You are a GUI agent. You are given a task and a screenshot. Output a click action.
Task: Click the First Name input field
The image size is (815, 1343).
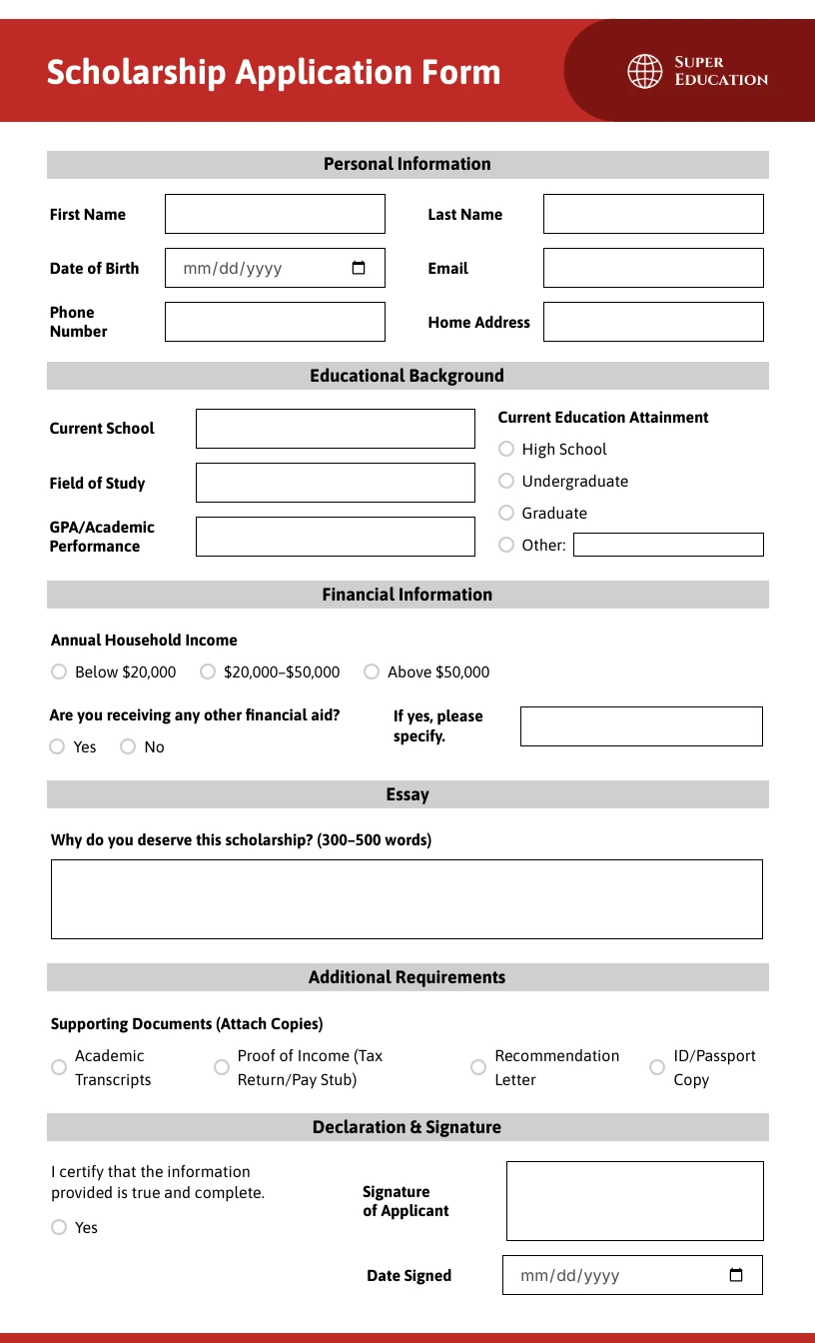(275, 214)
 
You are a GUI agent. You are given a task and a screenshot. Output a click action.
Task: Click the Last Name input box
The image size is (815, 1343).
(653, 214)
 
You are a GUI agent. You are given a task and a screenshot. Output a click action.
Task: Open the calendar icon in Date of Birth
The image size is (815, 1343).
(359, 268)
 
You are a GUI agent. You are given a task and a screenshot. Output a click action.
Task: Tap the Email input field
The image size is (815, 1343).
(653, 268)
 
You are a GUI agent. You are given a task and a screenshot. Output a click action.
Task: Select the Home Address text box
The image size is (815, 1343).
(653, 322)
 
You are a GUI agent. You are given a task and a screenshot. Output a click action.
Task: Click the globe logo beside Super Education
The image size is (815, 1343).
(645, 71)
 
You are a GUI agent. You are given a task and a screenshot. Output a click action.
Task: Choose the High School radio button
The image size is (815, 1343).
(506, 449)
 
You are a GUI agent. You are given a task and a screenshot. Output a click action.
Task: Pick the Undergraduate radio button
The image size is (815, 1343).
(506, 481)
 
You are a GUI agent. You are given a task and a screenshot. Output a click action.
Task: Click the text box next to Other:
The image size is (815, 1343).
(668, 545)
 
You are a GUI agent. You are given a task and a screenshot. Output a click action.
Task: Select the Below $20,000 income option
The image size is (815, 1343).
(59, 671)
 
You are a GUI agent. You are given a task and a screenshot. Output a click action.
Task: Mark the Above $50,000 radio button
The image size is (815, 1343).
(372, 671)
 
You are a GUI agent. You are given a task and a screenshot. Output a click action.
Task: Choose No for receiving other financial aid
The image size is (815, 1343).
(128, 746)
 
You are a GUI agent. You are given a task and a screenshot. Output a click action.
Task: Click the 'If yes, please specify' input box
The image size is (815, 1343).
(641, 726)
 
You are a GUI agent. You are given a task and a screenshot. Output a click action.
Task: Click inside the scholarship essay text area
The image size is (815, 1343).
(407, 899)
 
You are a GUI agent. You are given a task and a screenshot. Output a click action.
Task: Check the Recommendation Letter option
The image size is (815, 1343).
(478, 1067)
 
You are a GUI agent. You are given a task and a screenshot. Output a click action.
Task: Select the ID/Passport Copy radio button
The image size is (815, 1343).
(657, 1067)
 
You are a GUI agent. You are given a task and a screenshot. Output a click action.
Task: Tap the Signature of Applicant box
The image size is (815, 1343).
(634, 1201)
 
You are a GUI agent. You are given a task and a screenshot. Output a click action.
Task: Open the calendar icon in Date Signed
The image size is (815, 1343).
(736, 1275)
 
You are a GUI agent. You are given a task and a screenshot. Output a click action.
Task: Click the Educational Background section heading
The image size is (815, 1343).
(407, 376)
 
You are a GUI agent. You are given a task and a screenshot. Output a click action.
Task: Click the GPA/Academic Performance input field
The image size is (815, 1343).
(335, 537)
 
